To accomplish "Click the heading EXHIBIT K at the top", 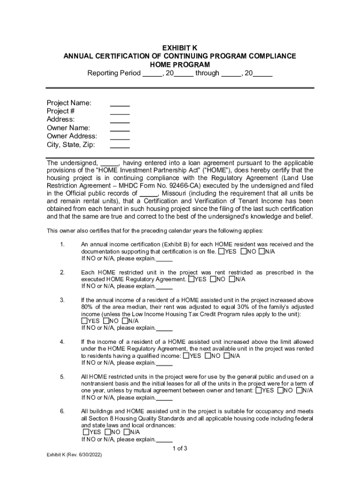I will (x=180, y=48).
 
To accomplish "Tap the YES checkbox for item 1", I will (x=221, y=252).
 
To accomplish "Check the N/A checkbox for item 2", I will (x=232, y=280).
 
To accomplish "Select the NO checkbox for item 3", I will (x=106, y=321).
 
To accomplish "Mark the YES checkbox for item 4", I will (x=186, y=356).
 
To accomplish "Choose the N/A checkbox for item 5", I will (x=299, y=391).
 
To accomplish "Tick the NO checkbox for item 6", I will (x=108, y=432).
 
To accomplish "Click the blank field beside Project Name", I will (x=120, y=103).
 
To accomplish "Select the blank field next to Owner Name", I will (x=120, y=128).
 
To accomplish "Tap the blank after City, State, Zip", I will (x=120, y=145).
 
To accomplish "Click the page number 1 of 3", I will (x=180, y=449).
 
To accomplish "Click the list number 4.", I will (x=62, y=342).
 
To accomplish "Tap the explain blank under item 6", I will (x=164, y=440).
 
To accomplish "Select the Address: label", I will (x=61, y=120).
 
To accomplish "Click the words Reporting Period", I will (x=114, y=73).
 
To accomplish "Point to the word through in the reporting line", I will (x=207, y=73).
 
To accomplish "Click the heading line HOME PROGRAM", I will (x=180, y=65).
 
